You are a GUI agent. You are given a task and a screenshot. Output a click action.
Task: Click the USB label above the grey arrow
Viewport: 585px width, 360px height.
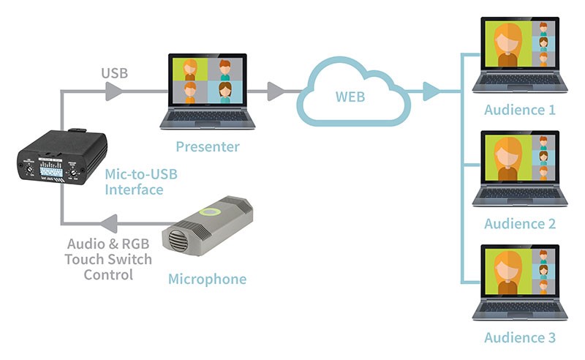(x=115, y=73)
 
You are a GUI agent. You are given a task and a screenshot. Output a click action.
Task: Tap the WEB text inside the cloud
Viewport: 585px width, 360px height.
(x=350, y=97)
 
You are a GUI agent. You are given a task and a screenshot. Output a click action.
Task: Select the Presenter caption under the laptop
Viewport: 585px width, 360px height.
(x=208, y=146)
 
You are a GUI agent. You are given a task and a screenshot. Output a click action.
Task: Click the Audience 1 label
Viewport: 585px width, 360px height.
(x=520, y=110)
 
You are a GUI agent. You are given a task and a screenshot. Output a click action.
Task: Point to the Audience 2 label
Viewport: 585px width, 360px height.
(x=520, y=224)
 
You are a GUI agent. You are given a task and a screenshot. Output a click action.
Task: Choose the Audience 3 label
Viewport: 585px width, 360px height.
(x=520, y=337)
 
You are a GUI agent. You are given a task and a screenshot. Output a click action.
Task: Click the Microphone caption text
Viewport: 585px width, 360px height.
(x=207, y=279)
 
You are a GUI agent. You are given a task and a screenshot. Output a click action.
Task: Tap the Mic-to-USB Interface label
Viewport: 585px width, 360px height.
(x=141, y=182)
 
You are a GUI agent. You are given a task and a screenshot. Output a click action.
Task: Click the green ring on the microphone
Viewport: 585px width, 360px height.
(x=210, y=212)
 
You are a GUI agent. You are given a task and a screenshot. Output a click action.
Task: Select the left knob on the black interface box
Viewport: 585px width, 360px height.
(x=29, y=169)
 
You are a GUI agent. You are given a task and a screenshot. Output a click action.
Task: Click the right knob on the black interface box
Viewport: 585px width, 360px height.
(x=74, y=172)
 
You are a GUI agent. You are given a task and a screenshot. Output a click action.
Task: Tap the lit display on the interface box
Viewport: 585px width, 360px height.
(x=51, y=170)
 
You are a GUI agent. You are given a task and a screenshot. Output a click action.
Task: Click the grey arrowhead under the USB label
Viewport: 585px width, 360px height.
(x=114, y=91)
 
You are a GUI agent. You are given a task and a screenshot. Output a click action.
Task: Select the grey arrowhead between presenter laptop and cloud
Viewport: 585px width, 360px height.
(x=276, y=91)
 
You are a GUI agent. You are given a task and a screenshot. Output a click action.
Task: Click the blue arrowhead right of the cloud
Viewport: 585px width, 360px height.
(x=431, y=91)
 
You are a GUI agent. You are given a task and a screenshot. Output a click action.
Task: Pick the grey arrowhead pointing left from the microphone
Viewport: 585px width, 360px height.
(x=109, y=224)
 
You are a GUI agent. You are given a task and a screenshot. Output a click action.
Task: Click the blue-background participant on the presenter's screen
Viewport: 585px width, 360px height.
(x=225, y=92)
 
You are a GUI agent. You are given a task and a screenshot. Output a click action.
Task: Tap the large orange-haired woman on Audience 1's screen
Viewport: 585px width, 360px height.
(x=507, y=45)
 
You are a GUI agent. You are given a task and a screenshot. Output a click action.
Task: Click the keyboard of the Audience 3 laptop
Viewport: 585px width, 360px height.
(x=520, y=307)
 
